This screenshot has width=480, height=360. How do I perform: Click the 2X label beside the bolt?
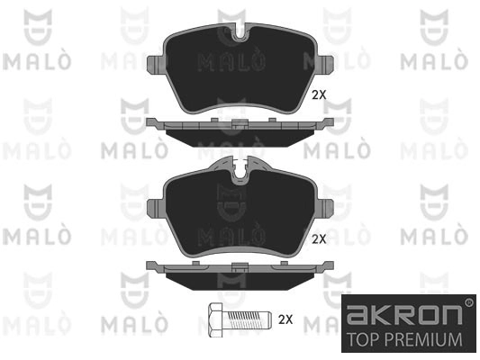[285, 319]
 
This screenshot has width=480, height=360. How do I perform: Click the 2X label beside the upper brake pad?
[319, 95]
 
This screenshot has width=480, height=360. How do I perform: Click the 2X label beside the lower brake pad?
[319, 239]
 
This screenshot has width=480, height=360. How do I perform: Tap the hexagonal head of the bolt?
[215, 320]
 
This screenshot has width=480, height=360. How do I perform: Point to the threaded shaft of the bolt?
[247, 319]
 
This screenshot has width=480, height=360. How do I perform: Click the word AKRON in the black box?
[404, 315]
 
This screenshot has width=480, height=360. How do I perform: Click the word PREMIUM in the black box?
[423, 339]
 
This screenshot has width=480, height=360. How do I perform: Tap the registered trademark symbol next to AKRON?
[468, 302]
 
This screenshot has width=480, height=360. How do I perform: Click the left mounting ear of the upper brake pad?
[157, 65]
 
